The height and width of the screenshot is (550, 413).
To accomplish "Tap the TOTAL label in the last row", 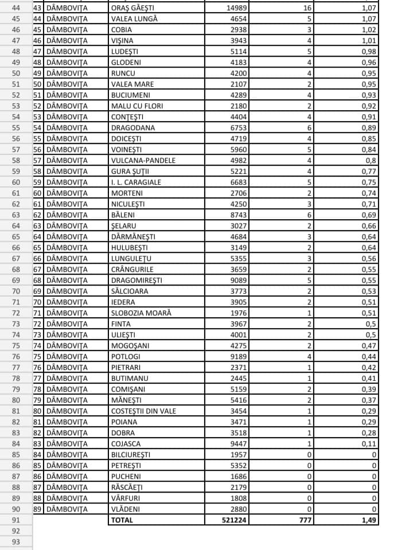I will coord(122,520).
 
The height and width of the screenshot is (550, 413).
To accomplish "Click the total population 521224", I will coord(234,520).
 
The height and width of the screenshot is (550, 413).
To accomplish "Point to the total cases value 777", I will coord(304,520).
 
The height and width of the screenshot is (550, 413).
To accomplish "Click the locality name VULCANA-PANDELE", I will coord(143,160).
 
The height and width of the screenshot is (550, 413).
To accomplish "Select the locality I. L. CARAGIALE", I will coord(136,182).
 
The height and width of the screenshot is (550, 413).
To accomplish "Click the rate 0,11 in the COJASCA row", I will coord(369,443).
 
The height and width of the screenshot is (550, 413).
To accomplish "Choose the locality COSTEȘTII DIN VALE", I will coord(143,411).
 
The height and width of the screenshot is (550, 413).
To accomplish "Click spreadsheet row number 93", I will coord(15,541).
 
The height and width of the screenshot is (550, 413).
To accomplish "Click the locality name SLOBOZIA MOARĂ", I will coord(141,313).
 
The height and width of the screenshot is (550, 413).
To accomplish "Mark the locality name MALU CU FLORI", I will coord(136,106).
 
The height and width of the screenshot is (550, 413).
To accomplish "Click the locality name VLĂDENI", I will coord(126,509).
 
